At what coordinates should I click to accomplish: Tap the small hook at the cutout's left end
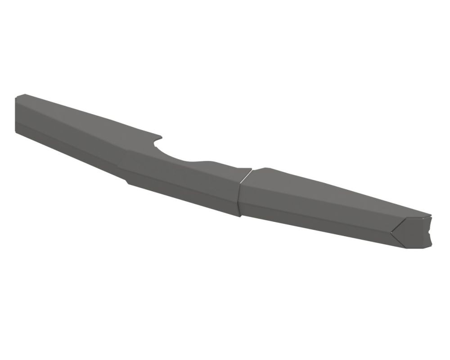(158, 135)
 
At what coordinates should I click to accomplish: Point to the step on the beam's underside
(127, 182)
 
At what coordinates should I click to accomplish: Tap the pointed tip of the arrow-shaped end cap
(391, 233)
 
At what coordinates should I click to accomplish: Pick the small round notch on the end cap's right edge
(431, 232)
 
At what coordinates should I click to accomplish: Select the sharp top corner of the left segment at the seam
(251, 170)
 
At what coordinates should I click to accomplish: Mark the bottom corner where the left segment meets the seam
(239, 216)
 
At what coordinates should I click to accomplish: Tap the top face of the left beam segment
(90, 115)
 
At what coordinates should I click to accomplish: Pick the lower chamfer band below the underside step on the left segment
(180, 198)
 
